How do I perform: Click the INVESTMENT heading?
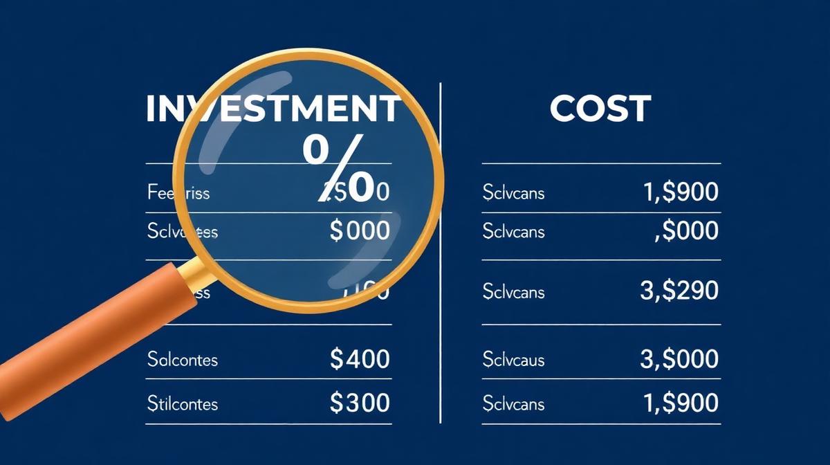[x=273, y=110]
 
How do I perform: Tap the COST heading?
[x=600, y=109]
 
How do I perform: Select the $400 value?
[x=360, y=358]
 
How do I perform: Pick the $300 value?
[x=360, y=402]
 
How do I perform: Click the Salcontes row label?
[x=183, y=359]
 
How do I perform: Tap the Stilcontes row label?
[x=183, y=403]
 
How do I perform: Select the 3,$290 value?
[x=679, y=291]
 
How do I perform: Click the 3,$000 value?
[x=679, y=358]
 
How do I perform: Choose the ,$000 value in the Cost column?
[x=685, y=231]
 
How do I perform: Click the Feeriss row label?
[x=178, y=192]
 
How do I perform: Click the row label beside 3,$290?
[x=513, y=292]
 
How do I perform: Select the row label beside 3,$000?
[x=513, y=359]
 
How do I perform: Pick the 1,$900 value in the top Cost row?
[x=681, y=192]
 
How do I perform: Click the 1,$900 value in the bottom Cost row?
[x=681, y=402]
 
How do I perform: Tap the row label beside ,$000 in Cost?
[x=513, y=231]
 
